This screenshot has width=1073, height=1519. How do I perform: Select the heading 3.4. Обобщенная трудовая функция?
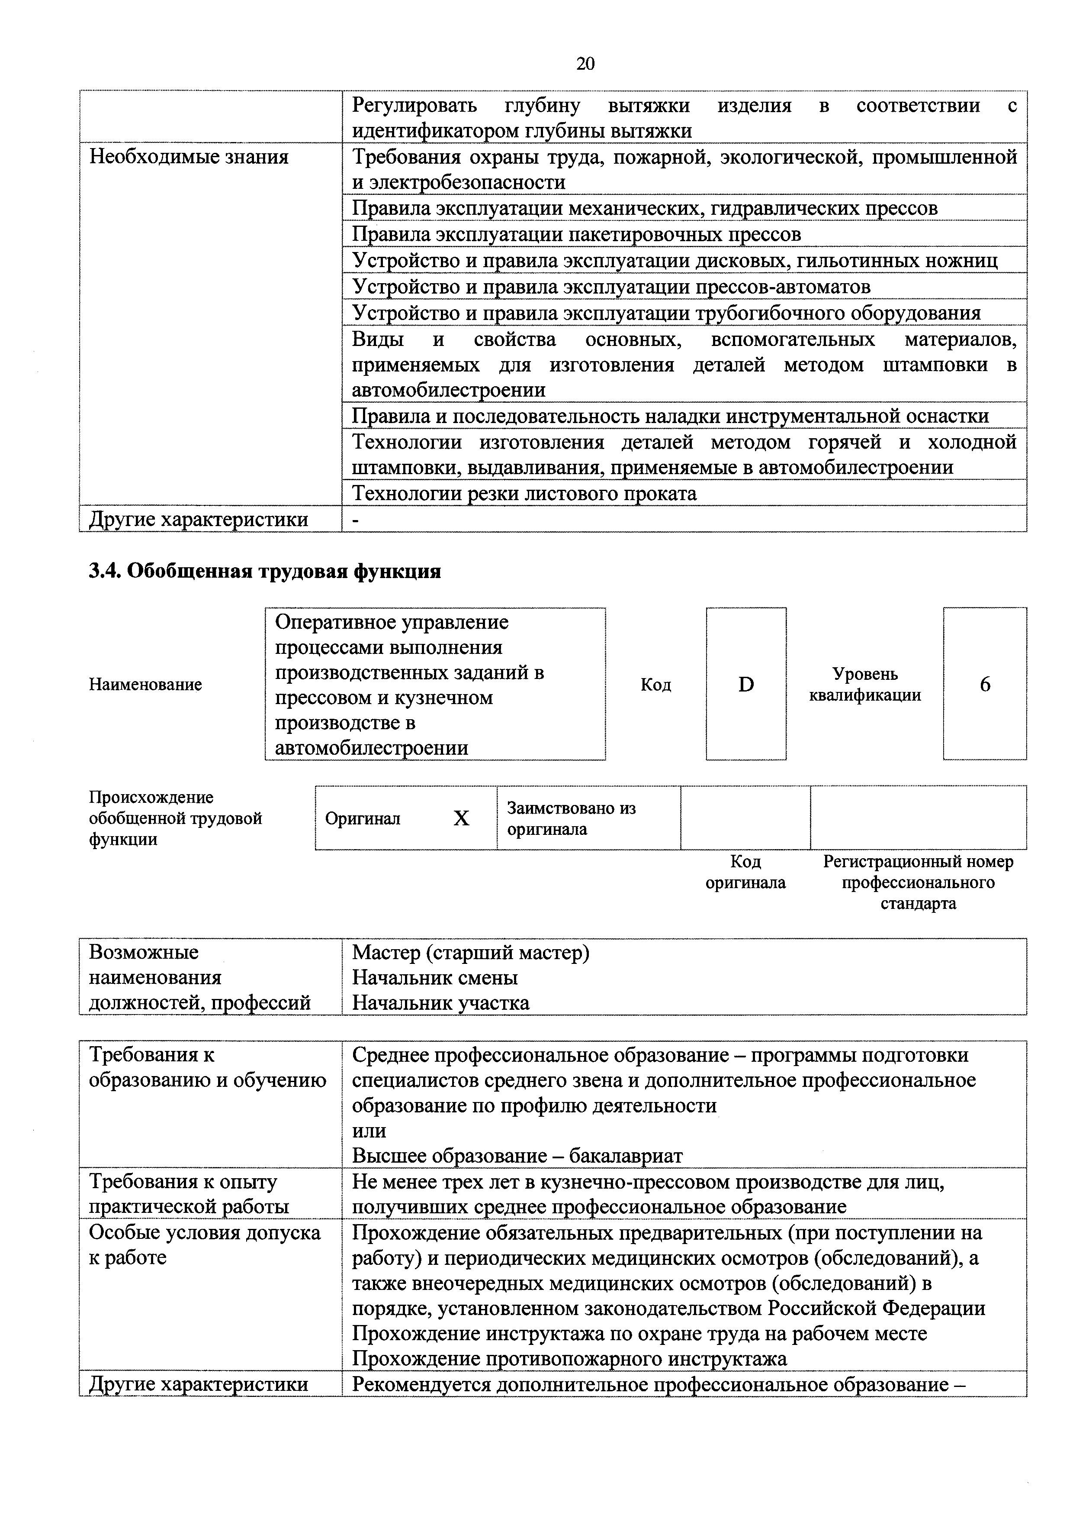click(x=264, y=571)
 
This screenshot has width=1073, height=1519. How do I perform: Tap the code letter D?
click(x=746, y=685)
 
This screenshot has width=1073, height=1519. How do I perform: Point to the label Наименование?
click(x=145, y=685)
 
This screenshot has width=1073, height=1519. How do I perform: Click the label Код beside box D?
click(x=656, y=685)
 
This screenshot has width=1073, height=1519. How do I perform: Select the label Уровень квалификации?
click(x=865, y=685)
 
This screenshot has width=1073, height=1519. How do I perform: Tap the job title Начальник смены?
click(x=434, y=978)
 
